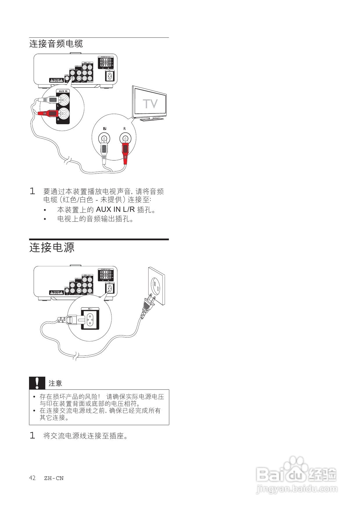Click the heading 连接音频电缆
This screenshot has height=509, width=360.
coord(56,44)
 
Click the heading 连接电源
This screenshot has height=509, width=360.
coord(52,248)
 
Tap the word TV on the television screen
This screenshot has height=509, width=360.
coord(150,104)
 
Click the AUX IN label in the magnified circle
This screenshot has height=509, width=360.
coord(63,91)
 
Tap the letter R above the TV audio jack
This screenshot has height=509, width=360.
coord(125,129)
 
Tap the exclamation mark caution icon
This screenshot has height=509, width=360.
coord(37,383)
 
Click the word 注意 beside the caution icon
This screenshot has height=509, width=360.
coord(55,383)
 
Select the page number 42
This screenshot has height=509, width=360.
coord(32,478)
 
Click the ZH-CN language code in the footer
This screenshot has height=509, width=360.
coord(54,478)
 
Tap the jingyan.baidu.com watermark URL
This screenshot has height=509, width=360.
coord(297,490)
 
